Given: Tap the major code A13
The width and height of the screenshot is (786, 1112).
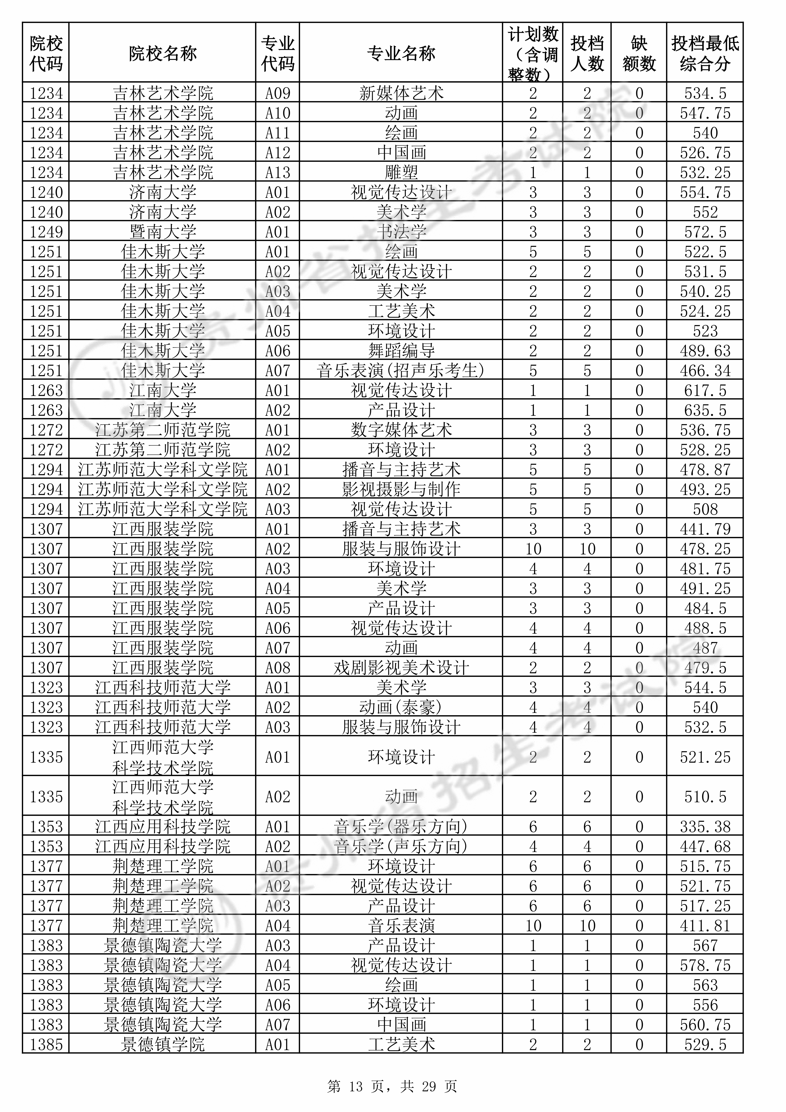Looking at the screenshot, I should pyautogui.click(x=277, y=172).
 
